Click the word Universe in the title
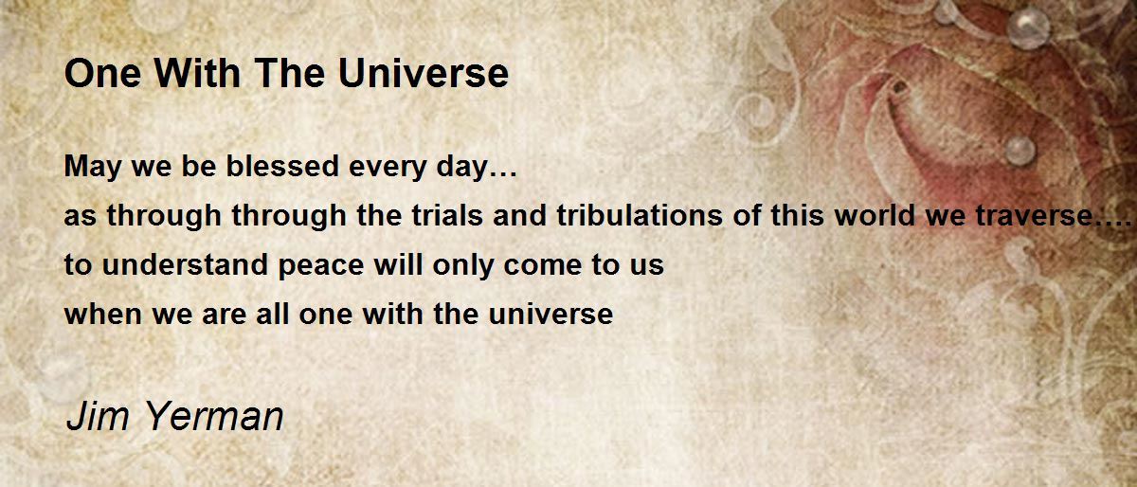click(423, 73)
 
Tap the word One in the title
click(102, 73)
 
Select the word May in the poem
click(93, 168)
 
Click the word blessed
click(282, 166)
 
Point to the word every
click(388, 168)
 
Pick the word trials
click(447, 215)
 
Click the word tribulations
click(639, 215)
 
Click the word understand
click(185, 265)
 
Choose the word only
click(463, 266)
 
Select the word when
click(103, 314)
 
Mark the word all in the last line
click(272, 314)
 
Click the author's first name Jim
click(98, 416)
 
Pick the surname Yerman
click(214, 416)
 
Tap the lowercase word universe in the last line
click(550, 314)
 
